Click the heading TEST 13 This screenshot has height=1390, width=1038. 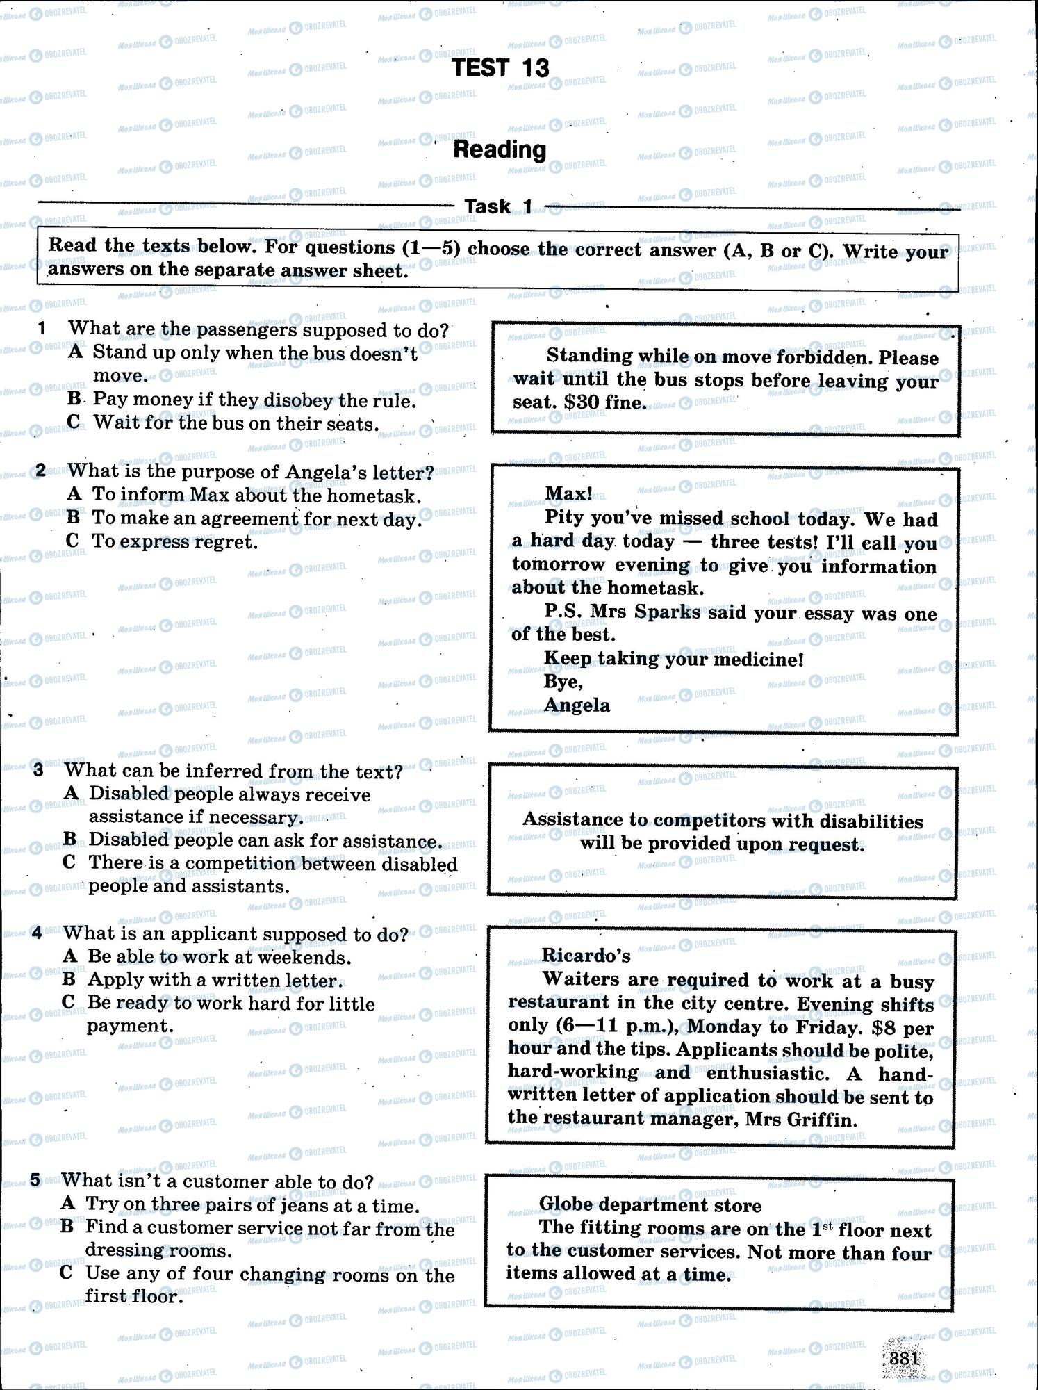pos(500,67)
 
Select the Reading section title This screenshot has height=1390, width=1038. pos(500,149)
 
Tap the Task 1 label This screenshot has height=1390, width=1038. pos(498,206)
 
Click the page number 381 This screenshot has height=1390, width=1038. pos(905,1357)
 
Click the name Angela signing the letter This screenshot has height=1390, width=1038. pos(577,705)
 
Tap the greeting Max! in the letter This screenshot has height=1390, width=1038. pos(569,493)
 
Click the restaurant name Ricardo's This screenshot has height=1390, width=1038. pos(586,956)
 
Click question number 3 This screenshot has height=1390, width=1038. pos(39,770)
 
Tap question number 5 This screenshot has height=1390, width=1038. pos(36,1180)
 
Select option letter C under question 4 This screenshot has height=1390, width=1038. pos(68,1002)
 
